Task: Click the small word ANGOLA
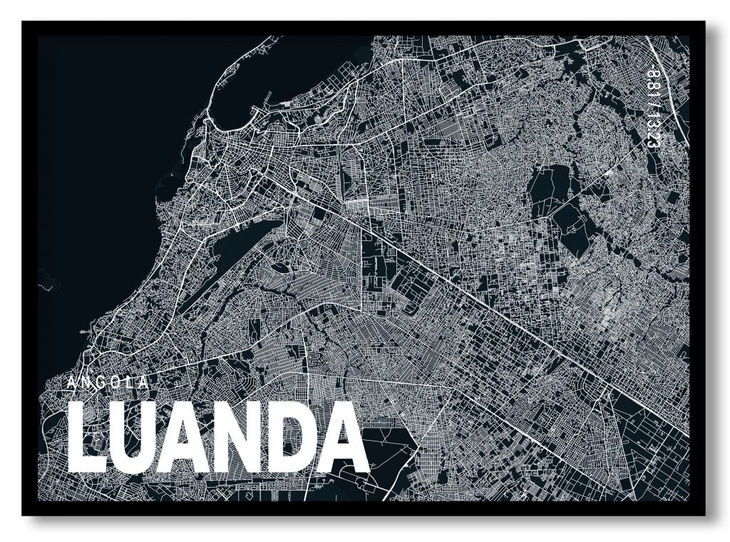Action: click(x=108, y=383)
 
